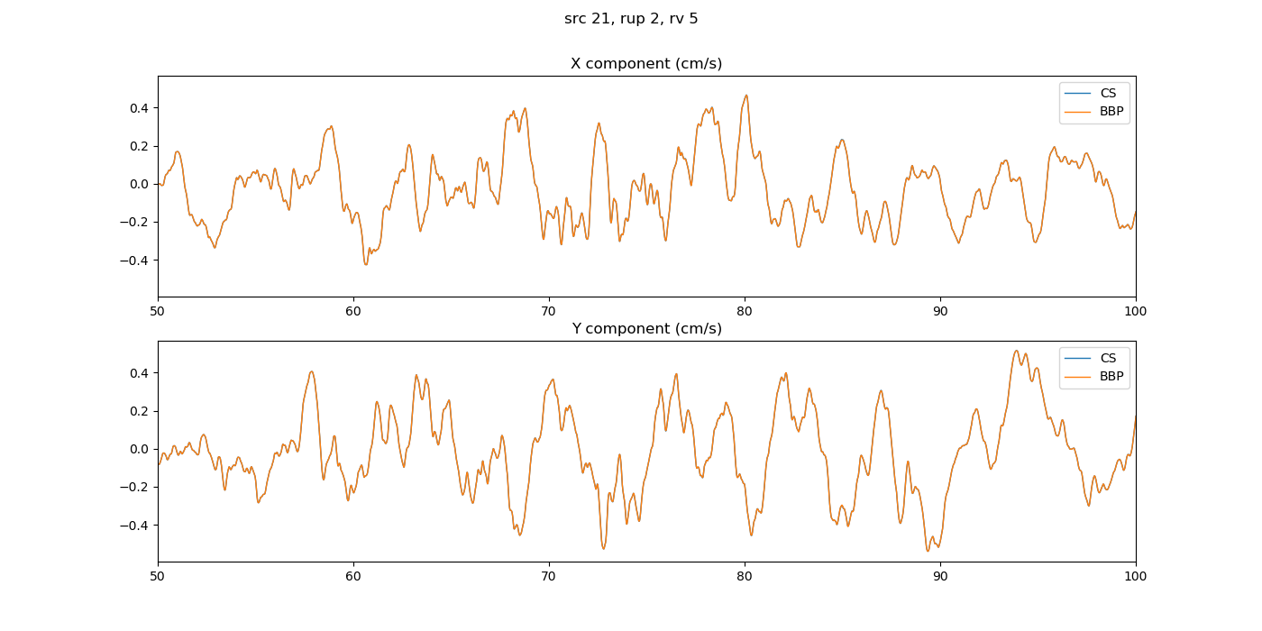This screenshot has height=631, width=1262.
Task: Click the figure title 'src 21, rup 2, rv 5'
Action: (631, 19)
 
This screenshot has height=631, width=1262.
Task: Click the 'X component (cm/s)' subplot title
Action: (646, 64)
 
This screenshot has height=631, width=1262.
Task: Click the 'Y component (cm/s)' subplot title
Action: (646, 329)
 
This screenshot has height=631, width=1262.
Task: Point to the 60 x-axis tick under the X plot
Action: (353, 312)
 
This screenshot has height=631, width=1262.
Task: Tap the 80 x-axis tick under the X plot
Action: (745, 312)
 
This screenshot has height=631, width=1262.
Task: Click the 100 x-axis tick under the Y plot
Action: (1136, 577)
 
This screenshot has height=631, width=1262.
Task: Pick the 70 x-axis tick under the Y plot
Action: (549, 577)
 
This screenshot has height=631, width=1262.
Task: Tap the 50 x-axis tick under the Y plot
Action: (158, 577)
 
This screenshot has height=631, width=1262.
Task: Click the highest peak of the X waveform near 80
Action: (746, 96)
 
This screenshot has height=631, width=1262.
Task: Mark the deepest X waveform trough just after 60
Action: (366, 264)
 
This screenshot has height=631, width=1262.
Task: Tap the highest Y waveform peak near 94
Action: (1016, 351)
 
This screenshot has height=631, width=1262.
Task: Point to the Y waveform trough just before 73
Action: (604, 548)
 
